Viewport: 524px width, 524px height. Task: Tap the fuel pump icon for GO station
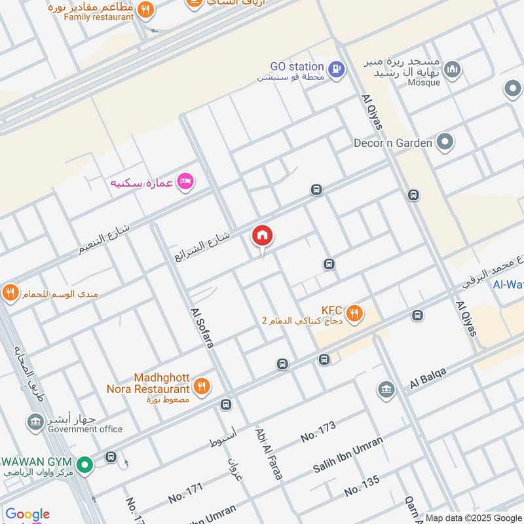click(x=336, y=69)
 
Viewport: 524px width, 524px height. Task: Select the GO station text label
click(x=297, y=67)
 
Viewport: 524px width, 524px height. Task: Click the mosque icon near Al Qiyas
click(x=452, y=69)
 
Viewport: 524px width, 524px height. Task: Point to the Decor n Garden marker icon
click(x=445, y=142)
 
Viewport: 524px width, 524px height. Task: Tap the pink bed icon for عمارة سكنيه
click(x=186, y=181)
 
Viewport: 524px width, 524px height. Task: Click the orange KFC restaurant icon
click(x=354, y=314)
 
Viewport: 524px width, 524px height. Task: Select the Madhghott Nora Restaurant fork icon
click(x=202, y=386)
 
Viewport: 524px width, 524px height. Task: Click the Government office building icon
click(x=35, y=422)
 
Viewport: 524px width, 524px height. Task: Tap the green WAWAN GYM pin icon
click(x=84, y=466)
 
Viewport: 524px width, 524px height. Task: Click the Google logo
click(x=28, y=514)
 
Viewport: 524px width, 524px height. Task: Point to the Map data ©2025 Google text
click(x=474, y=517)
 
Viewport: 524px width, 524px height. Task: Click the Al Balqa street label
click(x=428, y=378)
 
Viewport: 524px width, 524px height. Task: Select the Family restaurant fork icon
click(x=146, y=9)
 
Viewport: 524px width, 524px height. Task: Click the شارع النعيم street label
click(x=104, y=238)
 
